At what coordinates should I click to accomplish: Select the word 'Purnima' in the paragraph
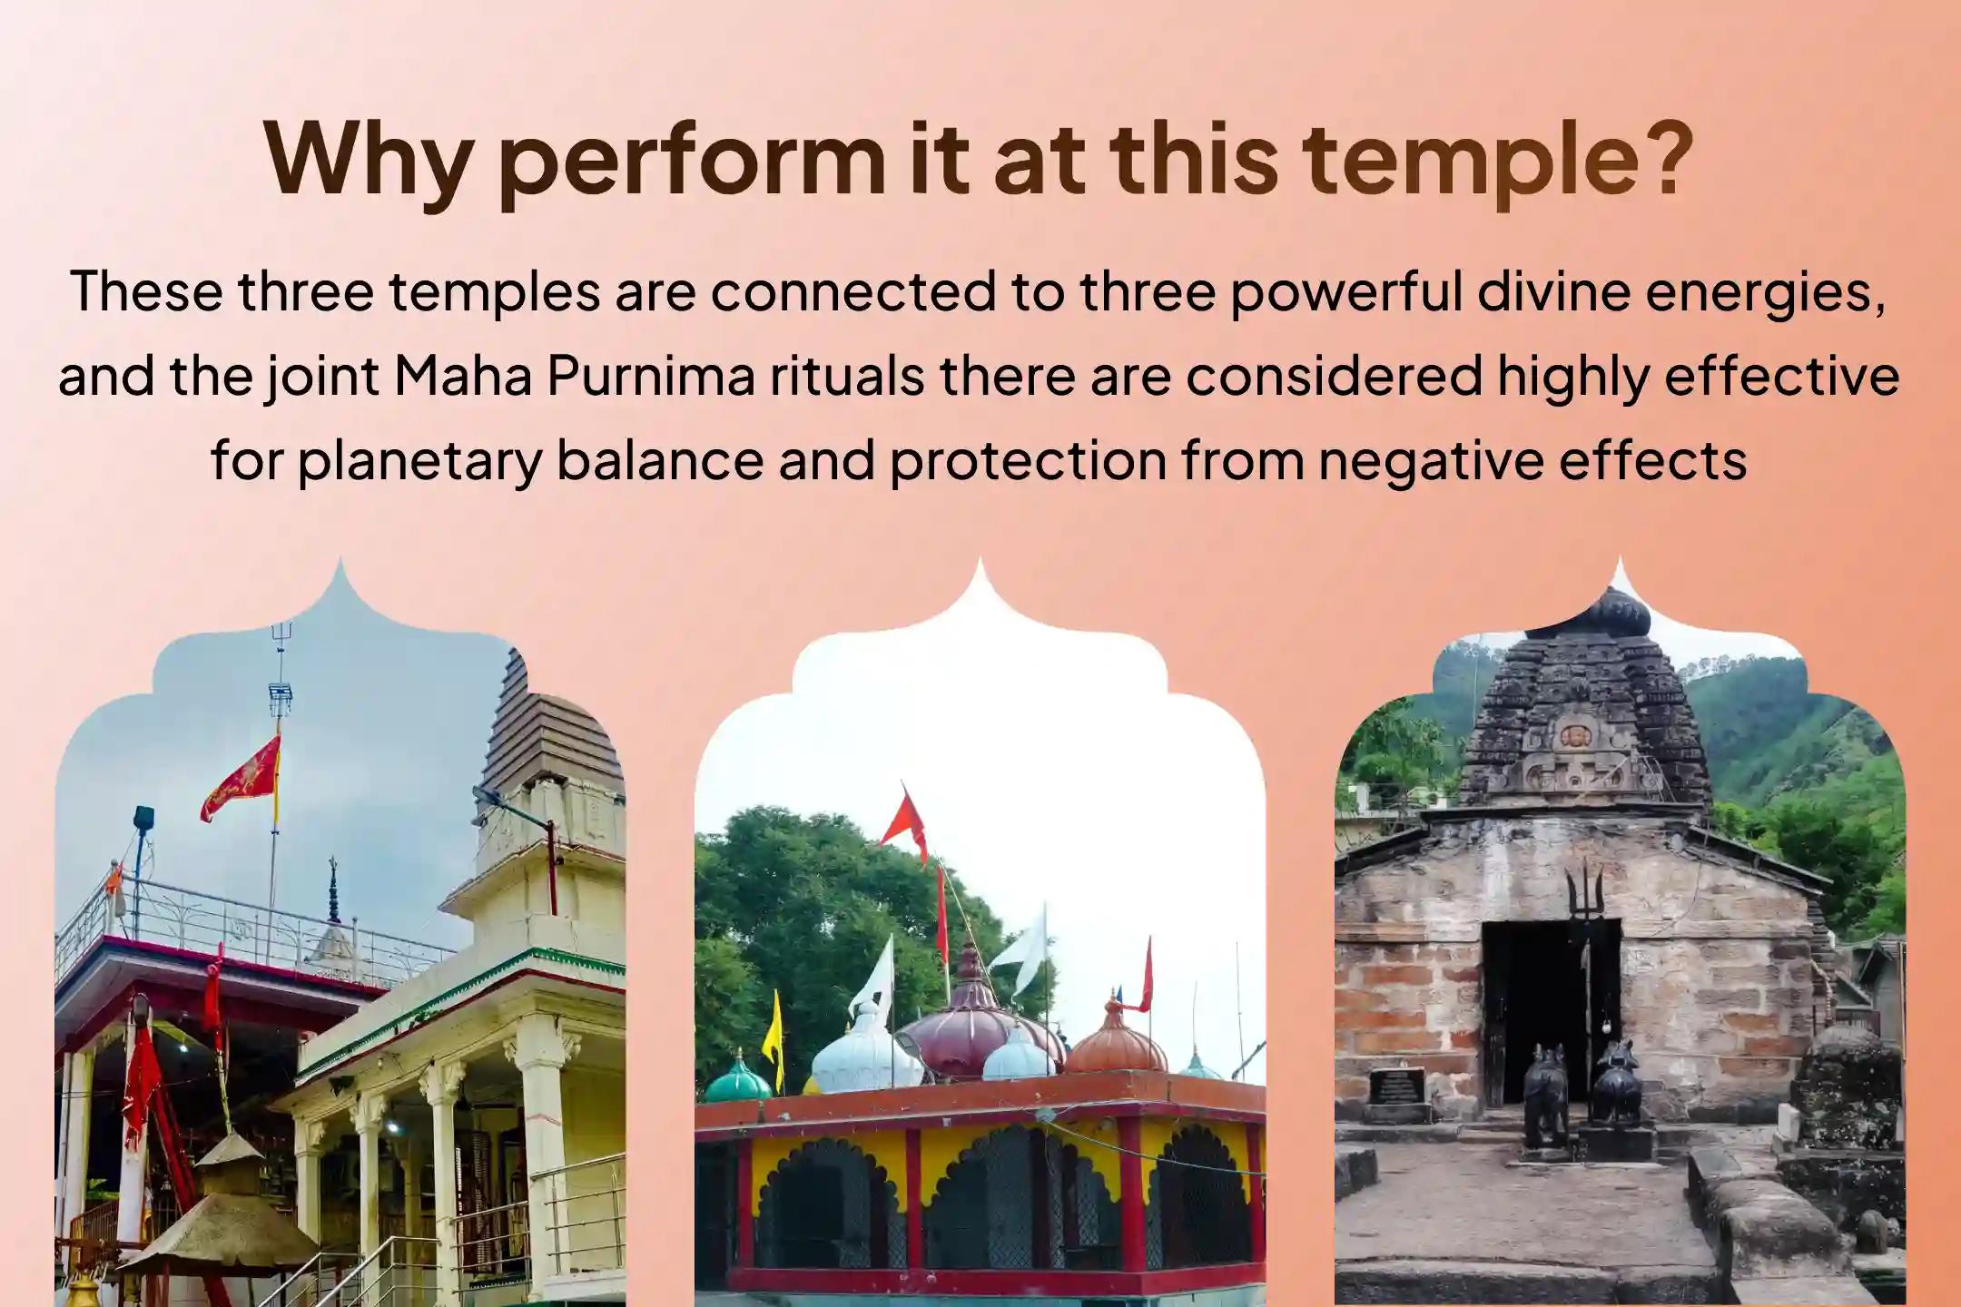point(650,376)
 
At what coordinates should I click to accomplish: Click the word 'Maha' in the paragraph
point(463,376)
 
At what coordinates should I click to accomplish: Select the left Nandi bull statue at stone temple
point(1544,1094)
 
